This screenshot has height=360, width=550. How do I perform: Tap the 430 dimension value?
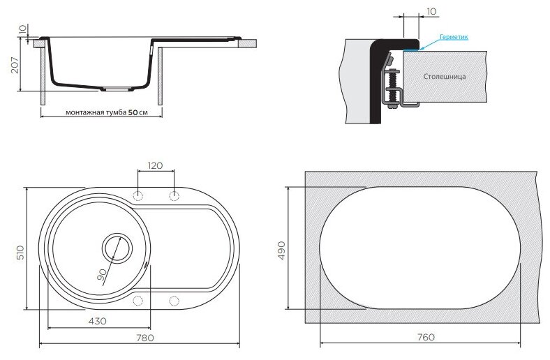[x=97, y=321]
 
